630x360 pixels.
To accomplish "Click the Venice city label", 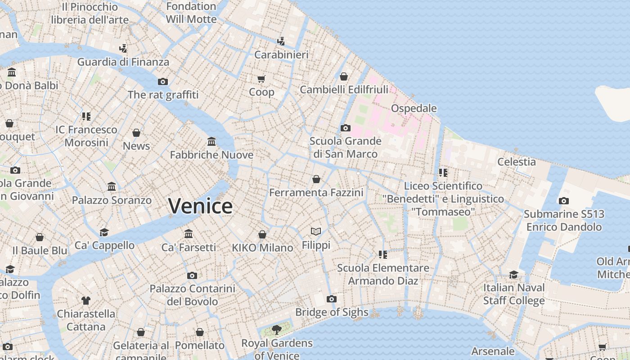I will tap(200, 206).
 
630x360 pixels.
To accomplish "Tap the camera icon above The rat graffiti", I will tap(163, 81).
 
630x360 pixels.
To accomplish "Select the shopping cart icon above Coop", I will tap(261, 79).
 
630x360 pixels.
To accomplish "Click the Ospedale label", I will tap(414, 108).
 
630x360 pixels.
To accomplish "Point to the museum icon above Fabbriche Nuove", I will tap(211, 142).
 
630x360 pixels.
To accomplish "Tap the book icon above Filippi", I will tap(316, 232).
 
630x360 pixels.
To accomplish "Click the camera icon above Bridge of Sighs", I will tap(332, 299).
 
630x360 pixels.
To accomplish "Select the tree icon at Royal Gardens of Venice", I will tap(277, 330).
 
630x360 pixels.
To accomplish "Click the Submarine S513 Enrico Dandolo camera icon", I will tap(564, 201).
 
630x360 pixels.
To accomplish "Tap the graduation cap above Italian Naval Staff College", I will tap(514, 274).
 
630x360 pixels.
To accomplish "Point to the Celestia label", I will tap(516, 162).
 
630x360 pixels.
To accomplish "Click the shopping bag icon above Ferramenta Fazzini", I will tap(316, 179).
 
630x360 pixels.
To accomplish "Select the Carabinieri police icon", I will tap(281, 41).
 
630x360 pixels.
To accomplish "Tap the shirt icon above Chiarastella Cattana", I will tap(86, 300).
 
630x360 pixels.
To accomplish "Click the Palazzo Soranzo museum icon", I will tap(112, 187).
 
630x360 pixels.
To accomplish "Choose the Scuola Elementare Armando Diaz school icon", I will tap(383, 255).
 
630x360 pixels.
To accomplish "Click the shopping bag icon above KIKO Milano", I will tap(262, 234).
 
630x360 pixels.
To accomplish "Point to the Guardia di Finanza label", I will tap(123, 62).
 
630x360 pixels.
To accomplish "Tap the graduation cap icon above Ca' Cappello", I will tap(104, 232).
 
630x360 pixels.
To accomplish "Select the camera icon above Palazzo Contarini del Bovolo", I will tap(192, 275).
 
